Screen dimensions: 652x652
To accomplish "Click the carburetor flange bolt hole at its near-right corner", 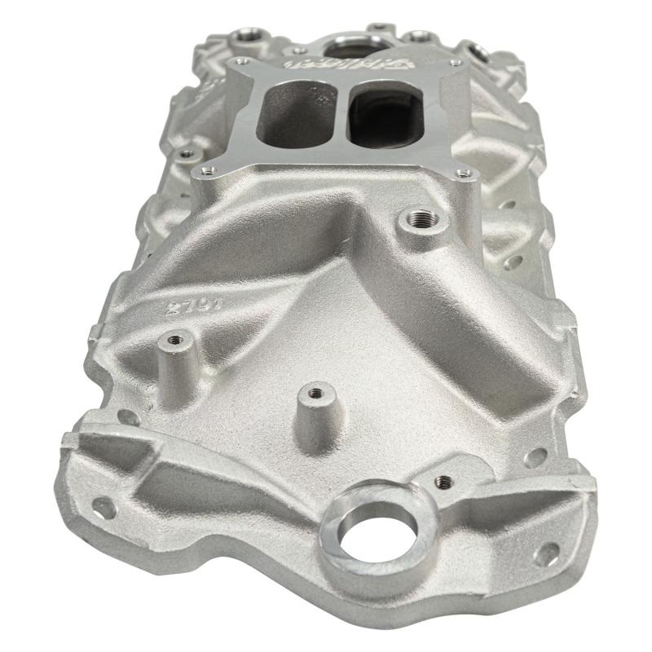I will coord(465,173).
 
